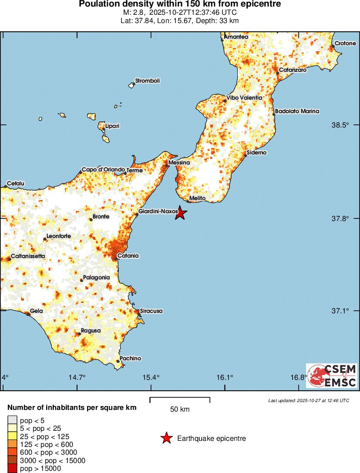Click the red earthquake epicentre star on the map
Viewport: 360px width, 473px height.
181,213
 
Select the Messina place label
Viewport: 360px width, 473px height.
179,163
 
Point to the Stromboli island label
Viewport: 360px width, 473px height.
148,81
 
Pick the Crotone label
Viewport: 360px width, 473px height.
346,44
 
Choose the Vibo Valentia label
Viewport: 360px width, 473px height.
244,98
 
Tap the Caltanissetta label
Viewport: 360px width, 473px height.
27,256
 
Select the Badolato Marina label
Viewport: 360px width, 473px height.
297,111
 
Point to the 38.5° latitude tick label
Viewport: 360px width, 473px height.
341,125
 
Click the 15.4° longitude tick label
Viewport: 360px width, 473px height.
151,377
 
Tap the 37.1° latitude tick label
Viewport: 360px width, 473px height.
341,311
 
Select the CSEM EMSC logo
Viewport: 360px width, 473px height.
332,376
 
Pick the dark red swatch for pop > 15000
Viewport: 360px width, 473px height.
12,469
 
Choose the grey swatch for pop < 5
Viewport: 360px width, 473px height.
12,420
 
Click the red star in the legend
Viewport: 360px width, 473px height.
166,439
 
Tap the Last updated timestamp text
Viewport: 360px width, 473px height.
309,400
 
